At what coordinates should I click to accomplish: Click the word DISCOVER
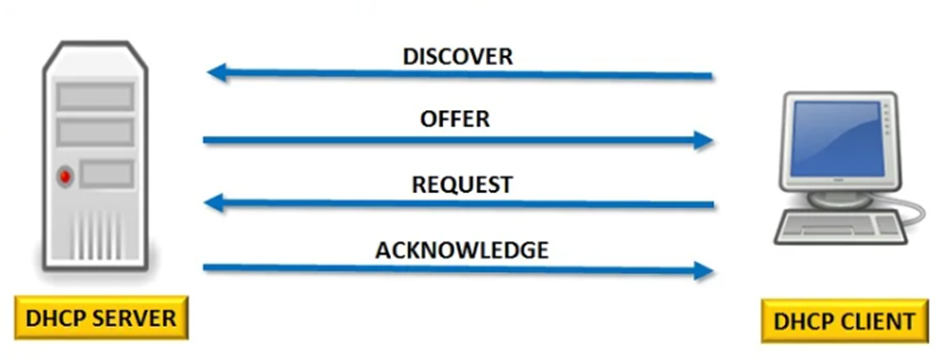[458, 56]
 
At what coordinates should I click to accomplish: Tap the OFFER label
[455, 119]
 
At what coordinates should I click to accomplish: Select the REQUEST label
[462, 185]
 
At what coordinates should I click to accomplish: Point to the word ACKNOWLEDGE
[462, 250]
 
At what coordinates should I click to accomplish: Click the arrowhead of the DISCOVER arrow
[216, 72]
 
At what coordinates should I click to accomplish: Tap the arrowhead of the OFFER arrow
[703, 140]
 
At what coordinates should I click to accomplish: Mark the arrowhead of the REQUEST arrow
[216, 204]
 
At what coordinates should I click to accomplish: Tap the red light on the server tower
[66, 176]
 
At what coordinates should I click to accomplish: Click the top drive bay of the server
[95, 96]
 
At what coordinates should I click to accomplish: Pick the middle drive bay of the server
[95, 131]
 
